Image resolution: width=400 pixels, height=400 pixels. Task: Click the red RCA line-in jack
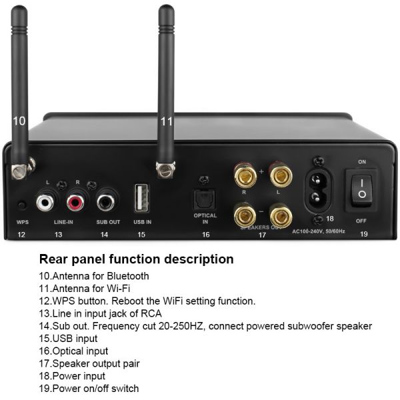pyautogui.click(x=74, y=200)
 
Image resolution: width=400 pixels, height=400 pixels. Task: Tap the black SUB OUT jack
pyautogui.click(x=105, y=200)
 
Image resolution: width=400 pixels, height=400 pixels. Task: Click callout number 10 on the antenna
pyautogui.click(x=19, y=121)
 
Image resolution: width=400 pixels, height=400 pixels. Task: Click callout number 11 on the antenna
pyautogui.click(x=167, y=121)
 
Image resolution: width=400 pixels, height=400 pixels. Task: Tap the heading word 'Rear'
pyautogui.click(x=55, y=259)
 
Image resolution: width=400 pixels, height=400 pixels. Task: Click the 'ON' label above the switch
pyautogui.click(x=363, y=162)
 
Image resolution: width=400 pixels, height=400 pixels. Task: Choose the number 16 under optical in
pyautogui.click(x=205, y=235)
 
